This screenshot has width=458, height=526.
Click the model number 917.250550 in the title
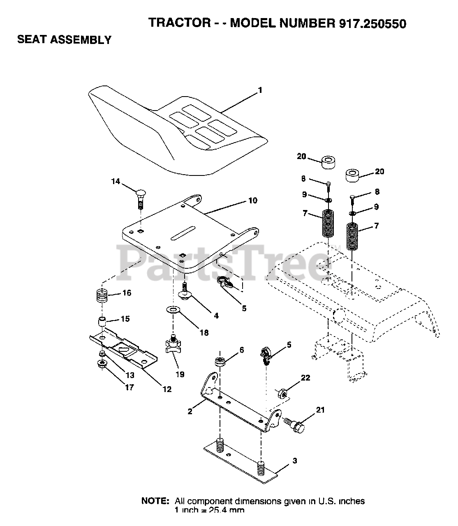[x=372, y=23]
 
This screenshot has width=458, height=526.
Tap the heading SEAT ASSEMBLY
[x=64, y=40]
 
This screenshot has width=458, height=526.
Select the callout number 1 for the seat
[x=259, y=90]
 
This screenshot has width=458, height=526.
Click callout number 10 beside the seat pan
[x=252, y=201]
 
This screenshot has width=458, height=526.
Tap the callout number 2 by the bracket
[x=190, y=411]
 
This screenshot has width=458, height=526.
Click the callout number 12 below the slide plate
[x=167, y=389]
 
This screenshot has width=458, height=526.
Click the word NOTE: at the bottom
[x=155, y=501]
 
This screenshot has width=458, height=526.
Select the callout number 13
[x=130, y=375]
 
